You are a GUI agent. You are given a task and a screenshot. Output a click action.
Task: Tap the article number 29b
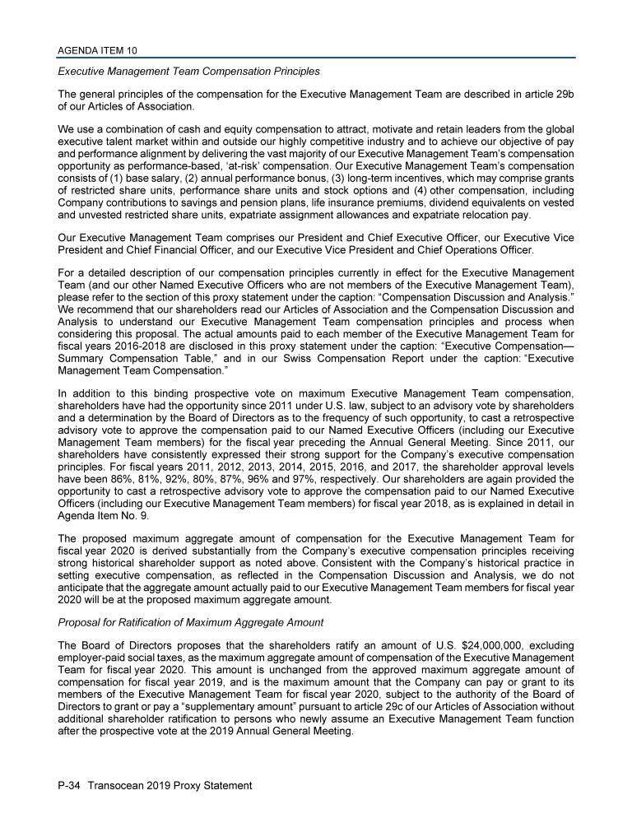[x=560, y=94]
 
